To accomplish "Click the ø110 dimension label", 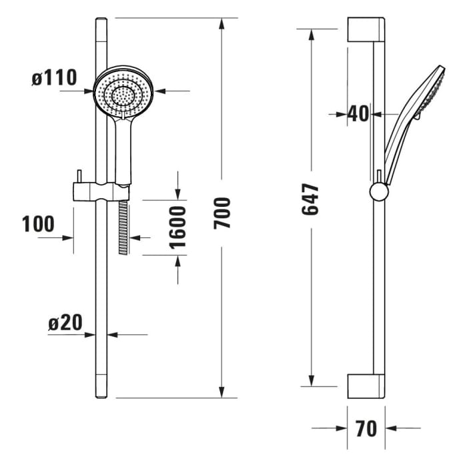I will coord(54,77).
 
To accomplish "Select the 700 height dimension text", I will coord(222,212).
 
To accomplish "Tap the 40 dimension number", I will coord(358,114).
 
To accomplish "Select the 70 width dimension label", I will coord(366,428).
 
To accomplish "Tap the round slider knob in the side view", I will coord(378,191).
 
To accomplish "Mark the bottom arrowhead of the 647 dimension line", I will coord(311,382).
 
